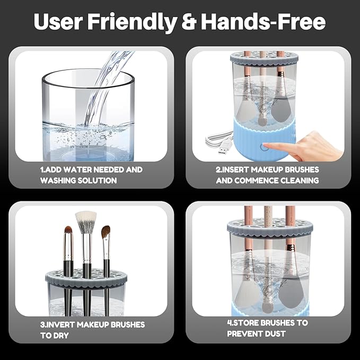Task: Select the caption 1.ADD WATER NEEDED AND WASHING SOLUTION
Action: coord(91,175)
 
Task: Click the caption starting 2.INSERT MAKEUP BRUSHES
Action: coord(267,175)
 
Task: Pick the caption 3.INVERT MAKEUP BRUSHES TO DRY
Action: coord(92,330)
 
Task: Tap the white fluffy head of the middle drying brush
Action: coord(85,222)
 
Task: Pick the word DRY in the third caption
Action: coord(63,335)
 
